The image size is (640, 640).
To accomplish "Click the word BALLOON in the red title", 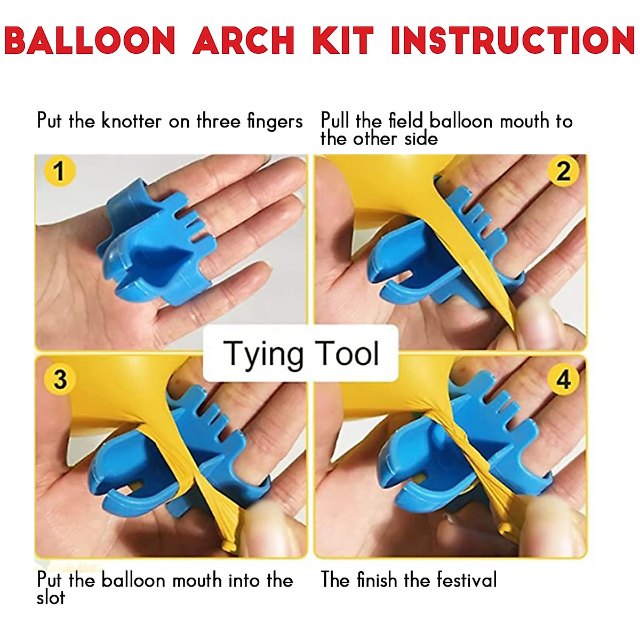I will pos(90,40).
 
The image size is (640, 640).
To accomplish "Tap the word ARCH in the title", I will pos(244,40).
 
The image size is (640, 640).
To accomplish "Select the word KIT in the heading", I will pos(343,40).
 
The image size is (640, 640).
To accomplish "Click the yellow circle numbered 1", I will pos(59,171).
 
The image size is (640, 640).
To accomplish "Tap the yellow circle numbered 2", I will pos(563,171).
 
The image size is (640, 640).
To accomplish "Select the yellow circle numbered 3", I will pos(60,379).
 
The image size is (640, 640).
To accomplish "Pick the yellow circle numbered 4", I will pos(563,379).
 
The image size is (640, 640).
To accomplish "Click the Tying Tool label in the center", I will pos(301,354).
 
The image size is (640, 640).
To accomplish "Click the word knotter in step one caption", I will pos(131,121).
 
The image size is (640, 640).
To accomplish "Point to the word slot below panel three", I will pos(51,598).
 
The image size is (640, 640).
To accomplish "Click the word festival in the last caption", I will pos(467,580).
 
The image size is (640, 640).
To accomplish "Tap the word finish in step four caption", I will pos(377,580).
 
